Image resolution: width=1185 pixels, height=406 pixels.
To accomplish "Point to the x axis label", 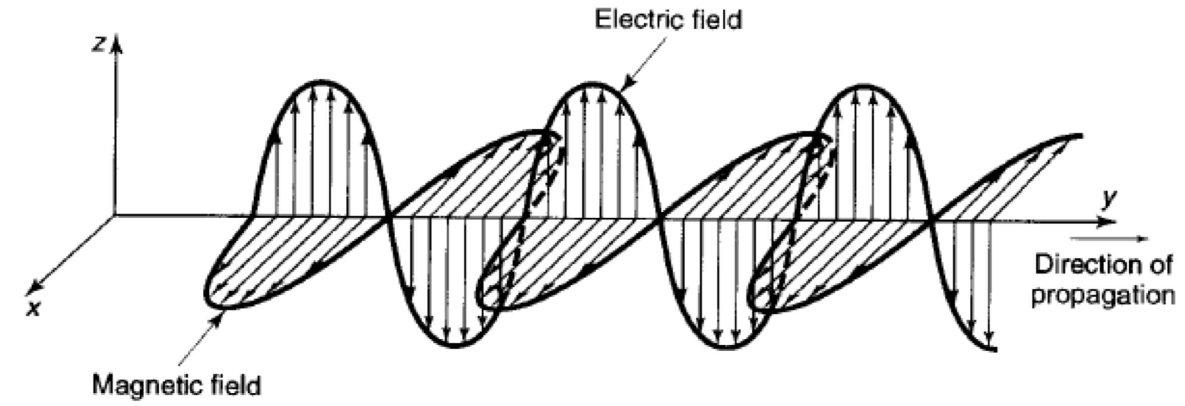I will click(x=33, y=309).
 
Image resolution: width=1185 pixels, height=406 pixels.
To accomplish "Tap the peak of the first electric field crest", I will click(x=321, y=81).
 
